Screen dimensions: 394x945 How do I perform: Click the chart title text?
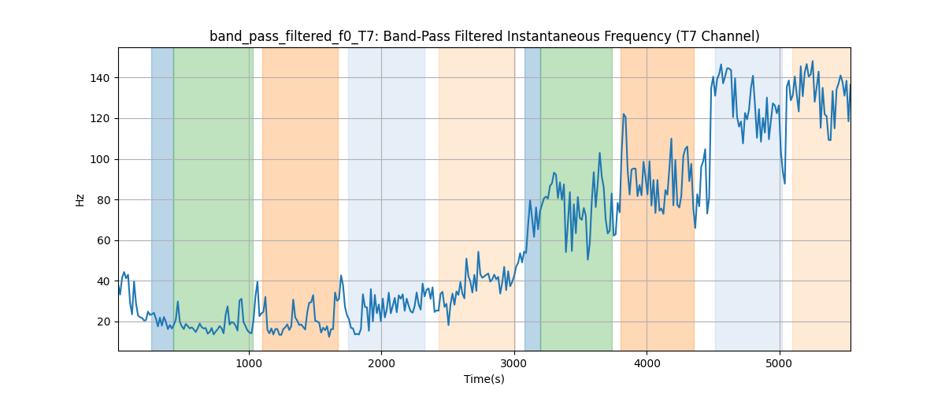point(484,36)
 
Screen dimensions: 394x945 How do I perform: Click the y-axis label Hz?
point(80,199)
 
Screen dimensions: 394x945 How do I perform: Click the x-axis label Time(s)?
point(484,379)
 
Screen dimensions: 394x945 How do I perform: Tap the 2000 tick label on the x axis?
point(381,363)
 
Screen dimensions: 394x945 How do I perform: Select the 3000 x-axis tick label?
point(513,363)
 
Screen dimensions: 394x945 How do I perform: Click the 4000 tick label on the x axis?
point(647,363)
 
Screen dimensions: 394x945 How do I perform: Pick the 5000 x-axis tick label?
point(779,363)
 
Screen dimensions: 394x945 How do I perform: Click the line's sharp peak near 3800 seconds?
point(623,114)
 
